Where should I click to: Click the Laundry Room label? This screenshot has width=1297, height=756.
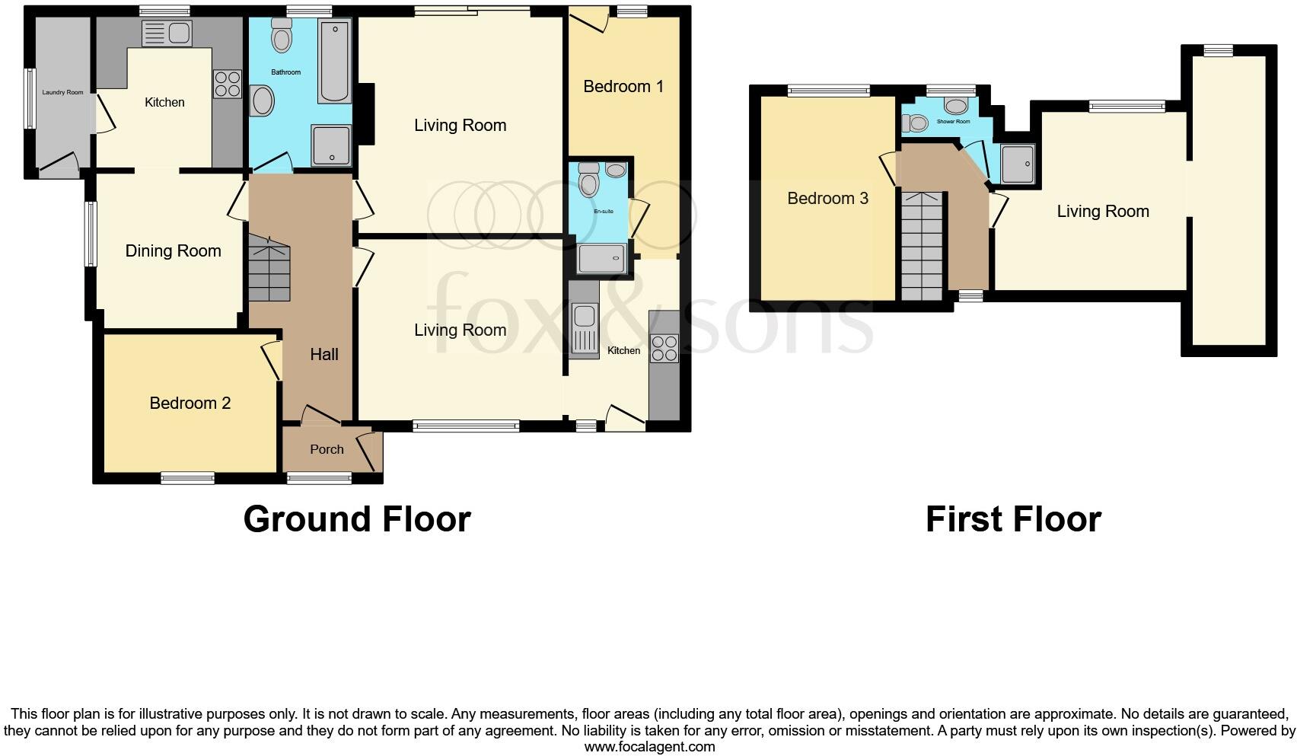[62, 93]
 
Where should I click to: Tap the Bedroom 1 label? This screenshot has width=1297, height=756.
[623, 87]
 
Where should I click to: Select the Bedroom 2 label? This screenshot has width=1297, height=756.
[190, 404]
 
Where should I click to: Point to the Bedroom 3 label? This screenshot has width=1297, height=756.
[827, 199]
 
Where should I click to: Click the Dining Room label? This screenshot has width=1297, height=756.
[173, 251]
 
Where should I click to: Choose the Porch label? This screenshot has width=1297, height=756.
[327, 450]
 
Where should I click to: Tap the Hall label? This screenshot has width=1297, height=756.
[324, 354]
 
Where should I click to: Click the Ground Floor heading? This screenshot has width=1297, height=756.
[357, 519]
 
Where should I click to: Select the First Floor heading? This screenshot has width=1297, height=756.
[1013, 519]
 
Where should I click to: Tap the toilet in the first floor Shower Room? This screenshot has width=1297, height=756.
[913, 123]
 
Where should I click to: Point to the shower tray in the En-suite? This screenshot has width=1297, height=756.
[602, 259]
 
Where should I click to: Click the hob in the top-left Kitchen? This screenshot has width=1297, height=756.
[227, 84]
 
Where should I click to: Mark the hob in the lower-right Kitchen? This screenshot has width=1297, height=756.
[664, 349]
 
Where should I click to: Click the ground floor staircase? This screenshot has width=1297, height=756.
[269, 268]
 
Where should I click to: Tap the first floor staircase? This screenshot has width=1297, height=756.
[922, 245]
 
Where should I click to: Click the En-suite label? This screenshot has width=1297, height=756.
[604, 211]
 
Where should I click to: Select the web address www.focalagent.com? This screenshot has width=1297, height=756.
[649, 747]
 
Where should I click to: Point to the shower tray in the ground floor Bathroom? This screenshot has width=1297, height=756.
[331, 145]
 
